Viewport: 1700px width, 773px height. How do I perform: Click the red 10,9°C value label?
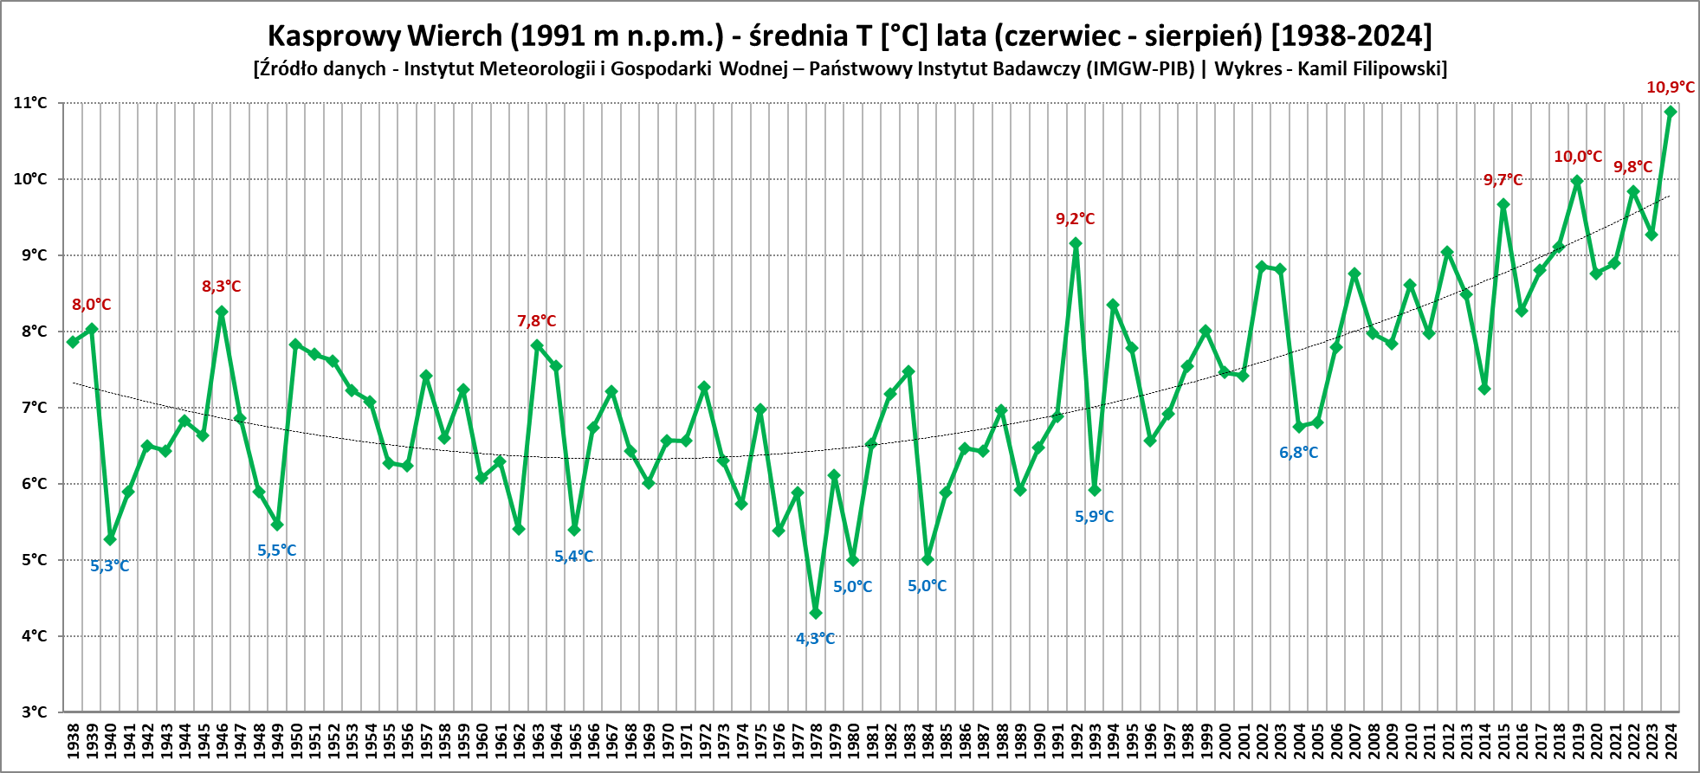1670,87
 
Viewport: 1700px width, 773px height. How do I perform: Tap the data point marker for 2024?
1671,112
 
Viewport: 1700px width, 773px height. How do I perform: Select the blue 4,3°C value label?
815,639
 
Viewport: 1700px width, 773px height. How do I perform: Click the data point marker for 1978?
815,613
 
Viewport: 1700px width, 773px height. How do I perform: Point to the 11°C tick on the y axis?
30,103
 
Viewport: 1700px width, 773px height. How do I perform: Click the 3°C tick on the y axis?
34,712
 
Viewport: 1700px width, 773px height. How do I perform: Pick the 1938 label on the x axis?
73,742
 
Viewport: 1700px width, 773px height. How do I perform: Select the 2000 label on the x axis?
1225,742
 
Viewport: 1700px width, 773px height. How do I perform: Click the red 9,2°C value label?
1075,219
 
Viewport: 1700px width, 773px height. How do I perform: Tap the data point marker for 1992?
1076,243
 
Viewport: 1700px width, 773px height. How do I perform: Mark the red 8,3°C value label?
221,287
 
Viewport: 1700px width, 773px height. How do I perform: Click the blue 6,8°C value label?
1298,453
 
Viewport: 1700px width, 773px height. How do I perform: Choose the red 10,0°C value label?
1577,157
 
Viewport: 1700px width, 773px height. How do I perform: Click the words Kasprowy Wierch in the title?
385,35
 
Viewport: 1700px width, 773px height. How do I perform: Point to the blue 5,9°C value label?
1094,517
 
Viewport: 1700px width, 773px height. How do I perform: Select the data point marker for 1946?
222,312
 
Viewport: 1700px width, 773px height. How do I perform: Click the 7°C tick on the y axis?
34,408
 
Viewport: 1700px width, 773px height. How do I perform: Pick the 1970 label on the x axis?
667,742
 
